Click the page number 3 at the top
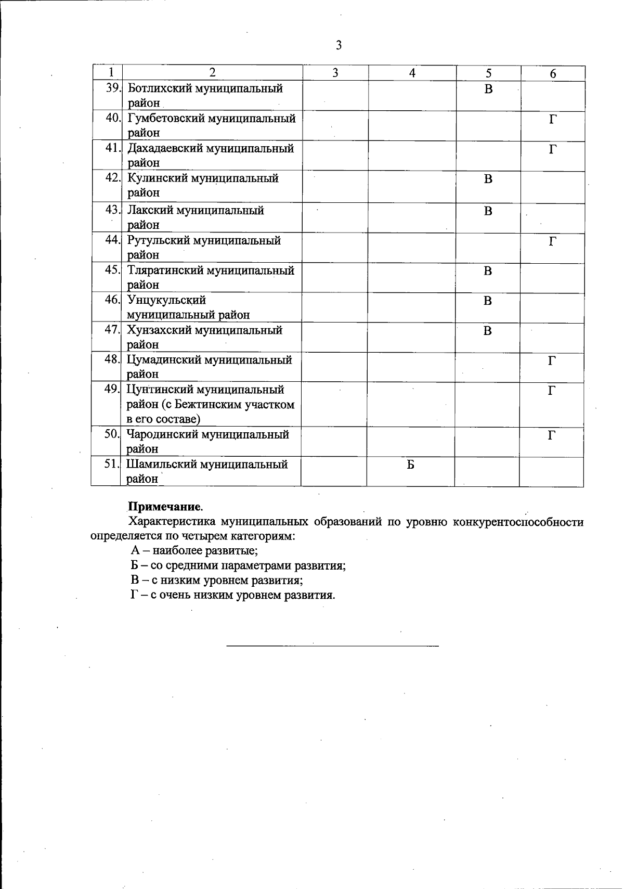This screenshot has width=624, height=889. pyautogui.click(x=339, y=45)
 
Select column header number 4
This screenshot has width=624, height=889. pyautogui.click(x=412, y=73)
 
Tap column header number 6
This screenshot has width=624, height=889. pyautogui.click(x=553, y=74)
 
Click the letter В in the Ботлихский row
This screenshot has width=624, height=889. pyautogui.click(x=488, y=89)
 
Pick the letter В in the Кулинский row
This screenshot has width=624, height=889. pyautogui.click(x=488, y=179)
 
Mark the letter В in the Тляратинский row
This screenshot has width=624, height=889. pyautogui.click(x=488, y=271)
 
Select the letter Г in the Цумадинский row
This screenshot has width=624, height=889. pyautogui.click(x=552, y=360)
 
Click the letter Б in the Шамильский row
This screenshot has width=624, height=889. pyautogui.click(x=410, y=465)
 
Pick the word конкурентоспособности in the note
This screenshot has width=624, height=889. pyautogui.click(x=518, y=522)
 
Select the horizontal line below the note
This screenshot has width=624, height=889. pyautogui.click(x=333, y=646)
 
